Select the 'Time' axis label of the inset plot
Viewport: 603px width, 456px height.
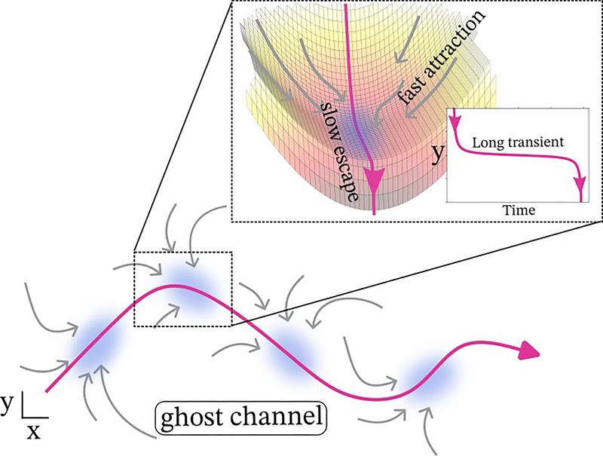519,210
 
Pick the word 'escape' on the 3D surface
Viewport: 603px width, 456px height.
347,170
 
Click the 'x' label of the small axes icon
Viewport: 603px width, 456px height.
33,433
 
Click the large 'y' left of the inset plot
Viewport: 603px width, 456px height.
438,154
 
